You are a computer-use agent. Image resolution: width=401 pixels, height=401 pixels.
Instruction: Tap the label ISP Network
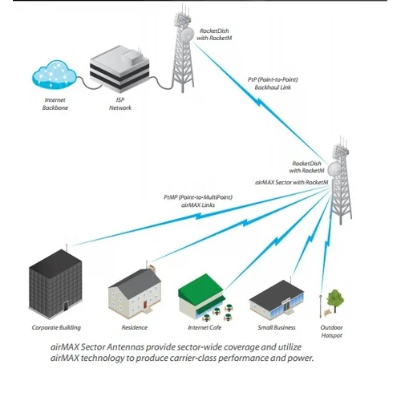pos(119,103)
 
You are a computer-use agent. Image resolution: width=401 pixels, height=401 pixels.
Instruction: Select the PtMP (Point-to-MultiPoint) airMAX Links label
pos(192,201)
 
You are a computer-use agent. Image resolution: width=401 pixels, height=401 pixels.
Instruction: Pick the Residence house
pos(134,293)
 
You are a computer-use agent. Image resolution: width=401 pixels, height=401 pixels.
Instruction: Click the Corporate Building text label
pos(56,328)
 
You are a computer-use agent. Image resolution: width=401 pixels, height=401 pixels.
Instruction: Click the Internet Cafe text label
pos(204,328)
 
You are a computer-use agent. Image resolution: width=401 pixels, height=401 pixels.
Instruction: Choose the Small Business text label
pos(277,328)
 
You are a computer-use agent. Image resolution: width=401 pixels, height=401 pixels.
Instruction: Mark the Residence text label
pos(134,328)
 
